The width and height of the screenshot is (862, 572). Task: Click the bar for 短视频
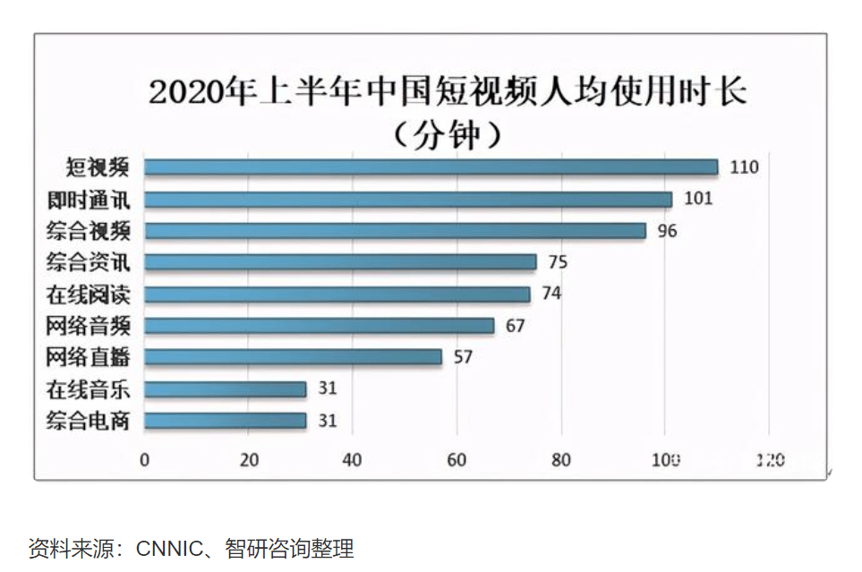tap(431, 167)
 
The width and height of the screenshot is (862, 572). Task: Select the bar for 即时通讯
tap(408, 199)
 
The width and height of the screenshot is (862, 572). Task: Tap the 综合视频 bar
tap(395, 230)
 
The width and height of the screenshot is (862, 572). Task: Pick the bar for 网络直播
tap(293, 357)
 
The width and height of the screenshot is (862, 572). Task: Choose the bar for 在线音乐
tap(225, 388)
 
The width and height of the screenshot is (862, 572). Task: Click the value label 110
tap(744, 167)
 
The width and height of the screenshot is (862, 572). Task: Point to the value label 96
tap(667, 230)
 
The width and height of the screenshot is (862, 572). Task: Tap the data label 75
tap(558, 262)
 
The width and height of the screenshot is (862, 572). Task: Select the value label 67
tap(515, 326)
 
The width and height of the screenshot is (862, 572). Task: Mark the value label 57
tap(462, 357)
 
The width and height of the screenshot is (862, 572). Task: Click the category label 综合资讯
tap(88, 262)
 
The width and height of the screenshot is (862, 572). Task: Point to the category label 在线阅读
tap(88, 294)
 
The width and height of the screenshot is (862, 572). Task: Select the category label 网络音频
tap(88, 326)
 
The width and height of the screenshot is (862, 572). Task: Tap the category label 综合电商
tap(88, 421)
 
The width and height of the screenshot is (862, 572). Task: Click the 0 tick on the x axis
tap(145, 460)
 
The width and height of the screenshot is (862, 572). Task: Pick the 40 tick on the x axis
tap(353, 460)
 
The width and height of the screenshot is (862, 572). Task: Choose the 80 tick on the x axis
tap(561, 460)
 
